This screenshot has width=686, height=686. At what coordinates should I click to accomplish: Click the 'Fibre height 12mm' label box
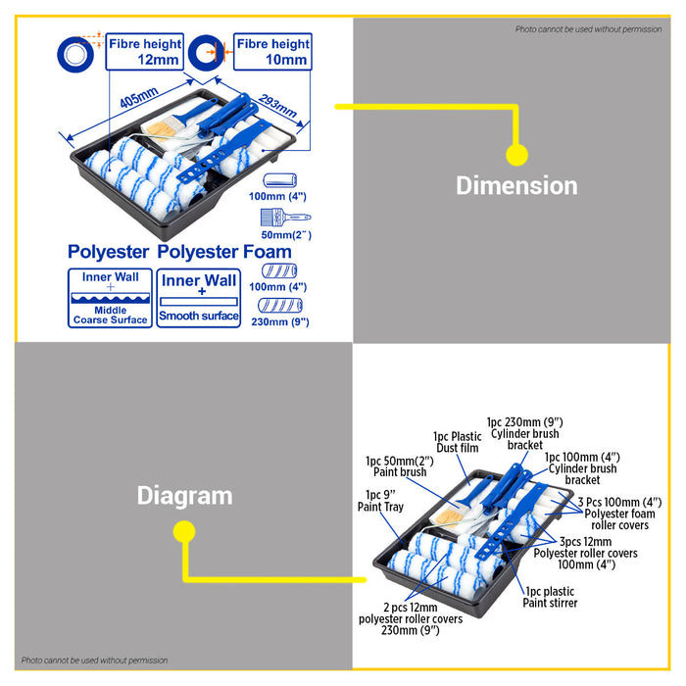click(x=145, y=52)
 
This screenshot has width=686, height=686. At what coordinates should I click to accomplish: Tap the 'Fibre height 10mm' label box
click(x=272, y=52)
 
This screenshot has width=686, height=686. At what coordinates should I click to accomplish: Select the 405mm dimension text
click(x=139, y=98)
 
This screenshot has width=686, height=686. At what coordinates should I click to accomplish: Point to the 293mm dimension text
click(x=277, y=106)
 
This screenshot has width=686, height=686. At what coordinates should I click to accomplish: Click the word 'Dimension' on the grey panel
click(x=516, y=185)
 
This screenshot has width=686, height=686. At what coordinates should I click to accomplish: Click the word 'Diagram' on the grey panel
click(x=184, y=496)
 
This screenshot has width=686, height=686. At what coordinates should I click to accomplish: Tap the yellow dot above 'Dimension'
click(x=516, y=155)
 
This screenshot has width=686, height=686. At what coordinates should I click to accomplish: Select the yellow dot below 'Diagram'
click(x=184, y=531)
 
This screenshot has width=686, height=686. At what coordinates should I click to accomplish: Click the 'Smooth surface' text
click(x=199, y=316)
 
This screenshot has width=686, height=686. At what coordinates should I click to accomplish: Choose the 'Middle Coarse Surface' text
click(x=110, y=315)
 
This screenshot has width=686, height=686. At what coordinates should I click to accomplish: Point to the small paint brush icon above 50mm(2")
click(x=286, y=217)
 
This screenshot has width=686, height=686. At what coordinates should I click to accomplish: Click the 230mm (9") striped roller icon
click(x=280, y=306)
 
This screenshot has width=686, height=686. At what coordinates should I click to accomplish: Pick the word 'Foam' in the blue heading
click(x=268, y=252)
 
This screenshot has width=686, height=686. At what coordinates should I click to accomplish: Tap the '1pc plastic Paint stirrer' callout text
click(x=550, y=597)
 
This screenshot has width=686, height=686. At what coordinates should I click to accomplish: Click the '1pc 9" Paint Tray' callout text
click(x=380, y=501)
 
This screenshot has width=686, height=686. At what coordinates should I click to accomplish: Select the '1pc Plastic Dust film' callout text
click(x=458, y=442)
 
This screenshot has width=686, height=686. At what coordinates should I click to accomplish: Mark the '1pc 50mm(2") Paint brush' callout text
click(x=400, y=466)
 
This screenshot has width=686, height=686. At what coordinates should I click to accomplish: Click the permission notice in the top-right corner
click(x=588, y=29)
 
